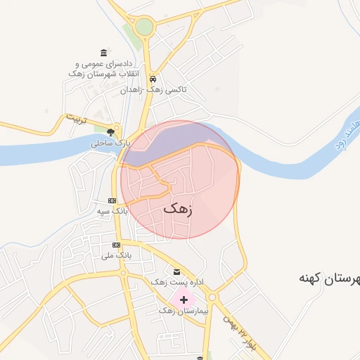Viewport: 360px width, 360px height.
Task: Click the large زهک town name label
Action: [179, 208]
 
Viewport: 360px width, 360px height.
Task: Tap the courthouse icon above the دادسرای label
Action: [104, 53]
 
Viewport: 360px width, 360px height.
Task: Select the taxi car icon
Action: [152, 79]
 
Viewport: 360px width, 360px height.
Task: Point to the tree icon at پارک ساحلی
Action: [110, 131]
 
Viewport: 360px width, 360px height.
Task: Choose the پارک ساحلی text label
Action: [110, 143]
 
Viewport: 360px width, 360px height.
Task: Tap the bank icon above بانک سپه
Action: [112, 200]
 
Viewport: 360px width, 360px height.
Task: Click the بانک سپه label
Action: [112, 210]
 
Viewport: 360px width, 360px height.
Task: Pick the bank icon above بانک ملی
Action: [116, 245]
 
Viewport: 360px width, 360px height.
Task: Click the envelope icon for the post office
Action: [176, 271]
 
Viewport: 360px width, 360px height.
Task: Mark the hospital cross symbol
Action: [184, 300]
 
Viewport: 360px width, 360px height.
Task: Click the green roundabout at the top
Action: [144, 27]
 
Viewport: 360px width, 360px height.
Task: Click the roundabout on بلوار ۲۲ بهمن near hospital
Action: [212, 297]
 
